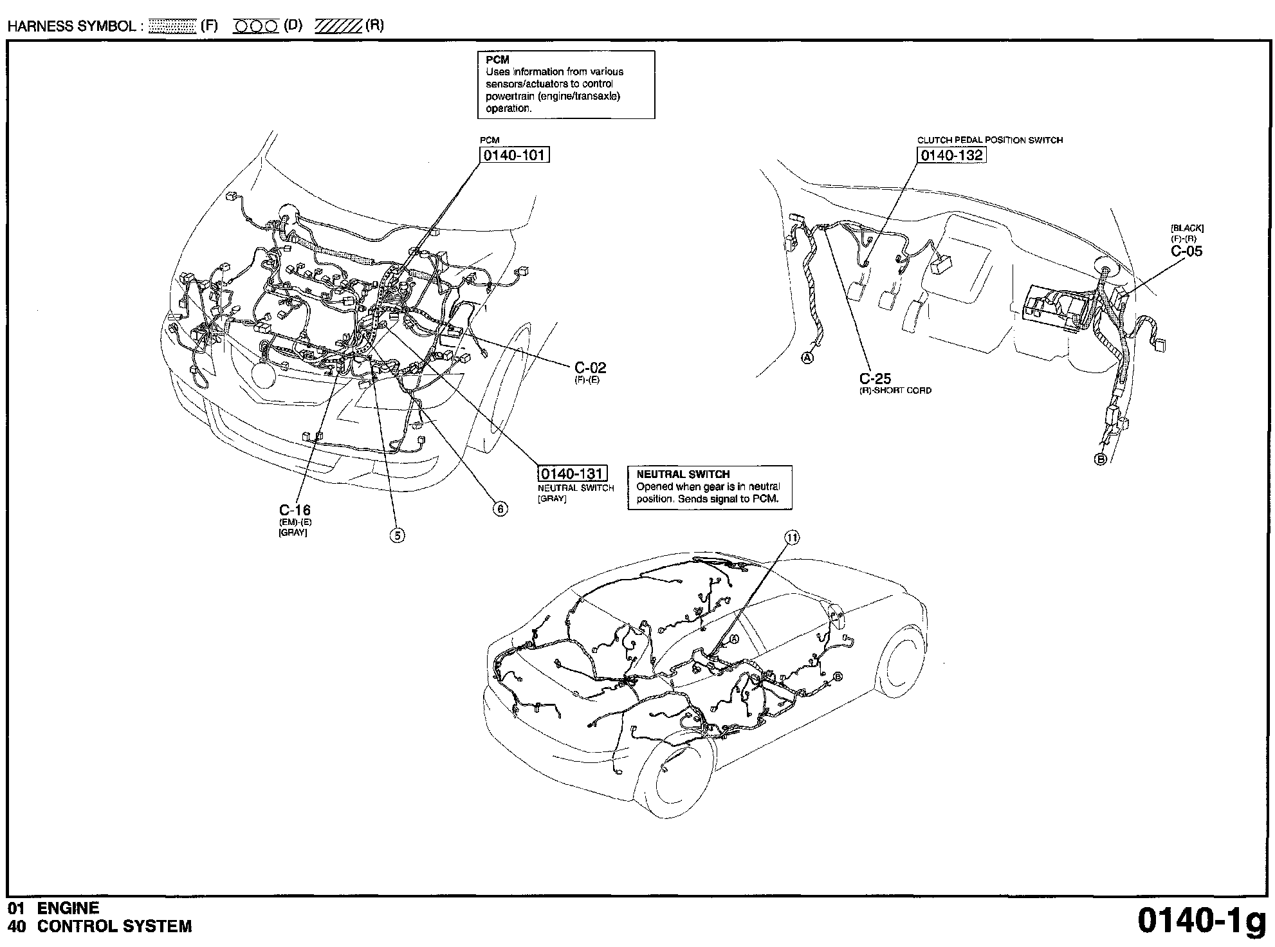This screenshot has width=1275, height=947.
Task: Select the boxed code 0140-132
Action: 951,155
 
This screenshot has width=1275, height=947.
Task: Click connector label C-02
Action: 590,368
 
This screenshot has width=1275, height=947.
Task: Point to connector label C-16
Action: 295,510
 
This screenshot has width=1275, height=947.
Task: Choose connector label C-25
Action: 876,378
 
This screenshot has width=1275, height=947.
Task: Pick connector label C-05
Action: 1187,251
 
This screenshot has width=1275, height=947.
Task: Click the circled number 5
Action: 398,535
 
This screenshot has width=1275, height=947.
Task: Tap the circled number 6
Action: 500,509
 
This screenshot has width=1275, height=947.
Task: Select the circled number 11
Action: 793,538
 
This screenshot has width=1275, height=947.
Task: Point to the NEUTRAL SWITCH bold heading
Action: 683,474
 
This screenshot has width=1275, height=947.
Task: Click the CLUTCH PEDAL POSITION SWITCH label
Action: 990,140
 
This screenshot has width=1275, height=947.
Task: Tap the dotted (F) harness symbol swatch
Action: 171,26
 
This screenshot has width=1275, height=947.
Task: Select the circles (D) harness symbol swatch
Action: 255,26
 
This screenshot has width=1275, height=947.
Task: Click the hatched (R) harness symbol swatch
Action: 338,26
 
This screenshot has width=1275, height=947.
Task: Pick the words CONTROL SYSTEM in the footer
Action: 115,926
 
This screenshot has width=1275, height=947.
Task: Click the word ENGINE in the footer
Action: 68,908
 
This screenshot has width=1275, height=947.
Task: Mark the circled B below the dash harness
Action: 1101,459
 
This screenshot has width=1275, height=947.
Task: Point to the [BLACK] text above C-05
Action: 1188,228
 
